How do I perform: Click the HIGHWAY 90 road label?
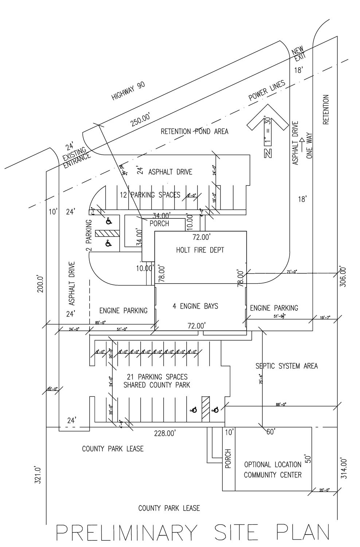128,91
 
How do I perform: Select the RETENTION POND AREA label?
195,131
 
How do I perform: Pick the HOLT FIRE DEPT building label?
200,250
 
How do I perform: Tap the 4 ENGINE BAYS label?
195,306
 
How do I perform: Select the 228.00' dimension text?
165,433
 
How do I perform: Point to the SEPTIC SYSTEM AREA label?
286,366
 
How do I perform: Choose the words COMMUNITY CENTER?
273,475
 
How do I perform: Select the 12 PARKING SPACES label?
150,195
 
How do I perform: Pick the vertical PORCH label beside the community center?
228,458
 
